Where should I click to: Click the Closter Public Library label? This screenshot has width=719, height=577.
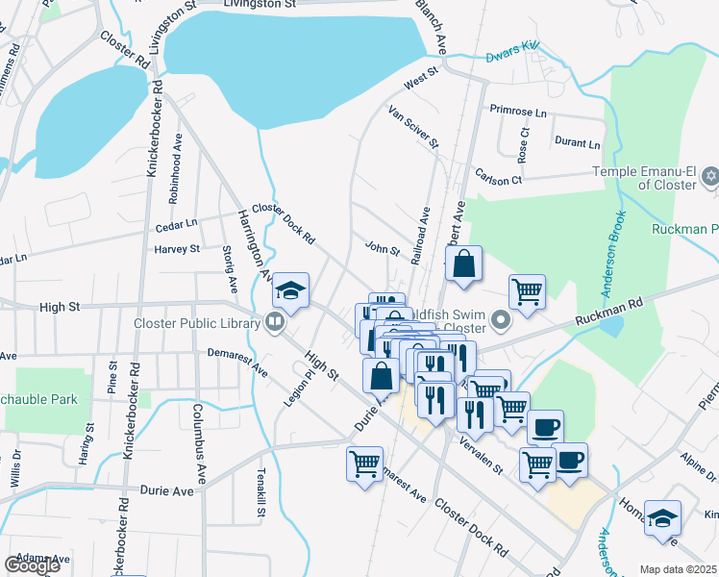point(198,323)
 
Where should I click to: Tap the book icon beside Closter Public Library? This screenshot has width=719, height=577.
point(275,323)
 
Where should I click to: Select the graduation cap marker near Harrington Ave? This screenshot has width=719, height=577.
point(290,289)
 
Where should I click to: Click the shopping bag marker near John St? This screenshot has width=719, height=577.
point(463,264)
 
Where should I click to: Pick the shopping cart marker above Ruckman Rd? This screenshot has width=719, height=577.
point(527,292)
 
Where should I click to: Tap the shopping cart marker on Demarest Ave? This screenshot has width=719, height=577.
point(365,465)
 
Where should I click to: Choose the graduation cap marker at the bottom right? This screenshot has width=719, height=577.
point(662,519)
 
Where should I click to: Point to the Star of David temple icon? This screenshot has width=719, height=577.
point(710,176)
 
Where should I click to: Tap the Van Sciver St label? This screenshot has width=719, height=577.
point(412,128)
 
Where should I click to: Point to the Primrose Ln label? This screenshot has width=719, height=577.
point(517,112)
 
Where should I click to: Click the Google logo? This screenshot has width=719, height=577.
point(32,565)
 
